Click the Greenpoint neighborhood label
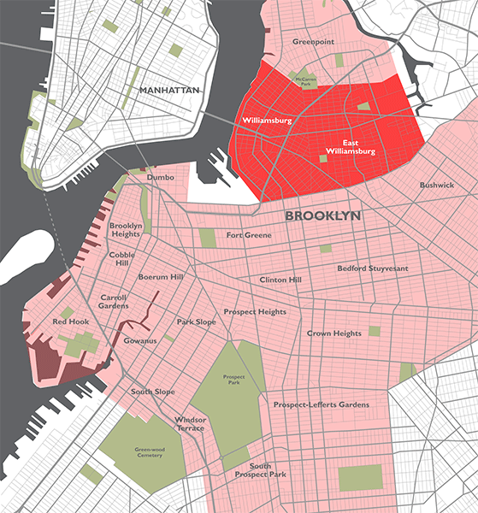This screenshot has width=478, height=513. (313, 41)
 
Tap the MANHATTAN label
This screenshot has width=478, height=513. (168, 90)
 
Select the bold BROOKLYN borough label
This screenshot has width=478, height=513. (322, 215)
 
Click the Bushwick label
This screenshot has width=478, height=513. (437, 186)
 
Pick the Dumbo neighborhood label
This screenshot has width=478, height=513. (161, 178)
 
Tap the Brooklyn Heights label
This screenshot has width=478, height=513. (125, 230)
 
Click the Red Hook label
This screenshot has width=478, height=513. (70, 321)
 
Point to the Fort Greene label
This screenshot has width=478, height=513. (249, 235)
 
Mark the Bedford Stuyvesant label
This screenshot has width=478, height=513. (373, 268)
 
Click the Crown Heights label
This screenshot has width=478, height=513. (334, 333)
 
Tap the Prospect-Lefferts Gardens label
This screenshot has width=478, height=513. (321, 404)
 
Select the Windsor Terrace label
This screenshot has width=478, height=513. (190, 425)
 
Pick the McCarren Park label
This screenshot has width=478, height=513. (305, 81)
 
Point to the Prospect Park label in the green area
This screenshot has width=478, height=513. (233, 380)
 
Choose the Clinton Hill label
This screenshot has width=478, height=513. (280, 280)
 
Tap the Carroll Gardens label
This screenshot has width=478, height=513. (114, 300)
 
